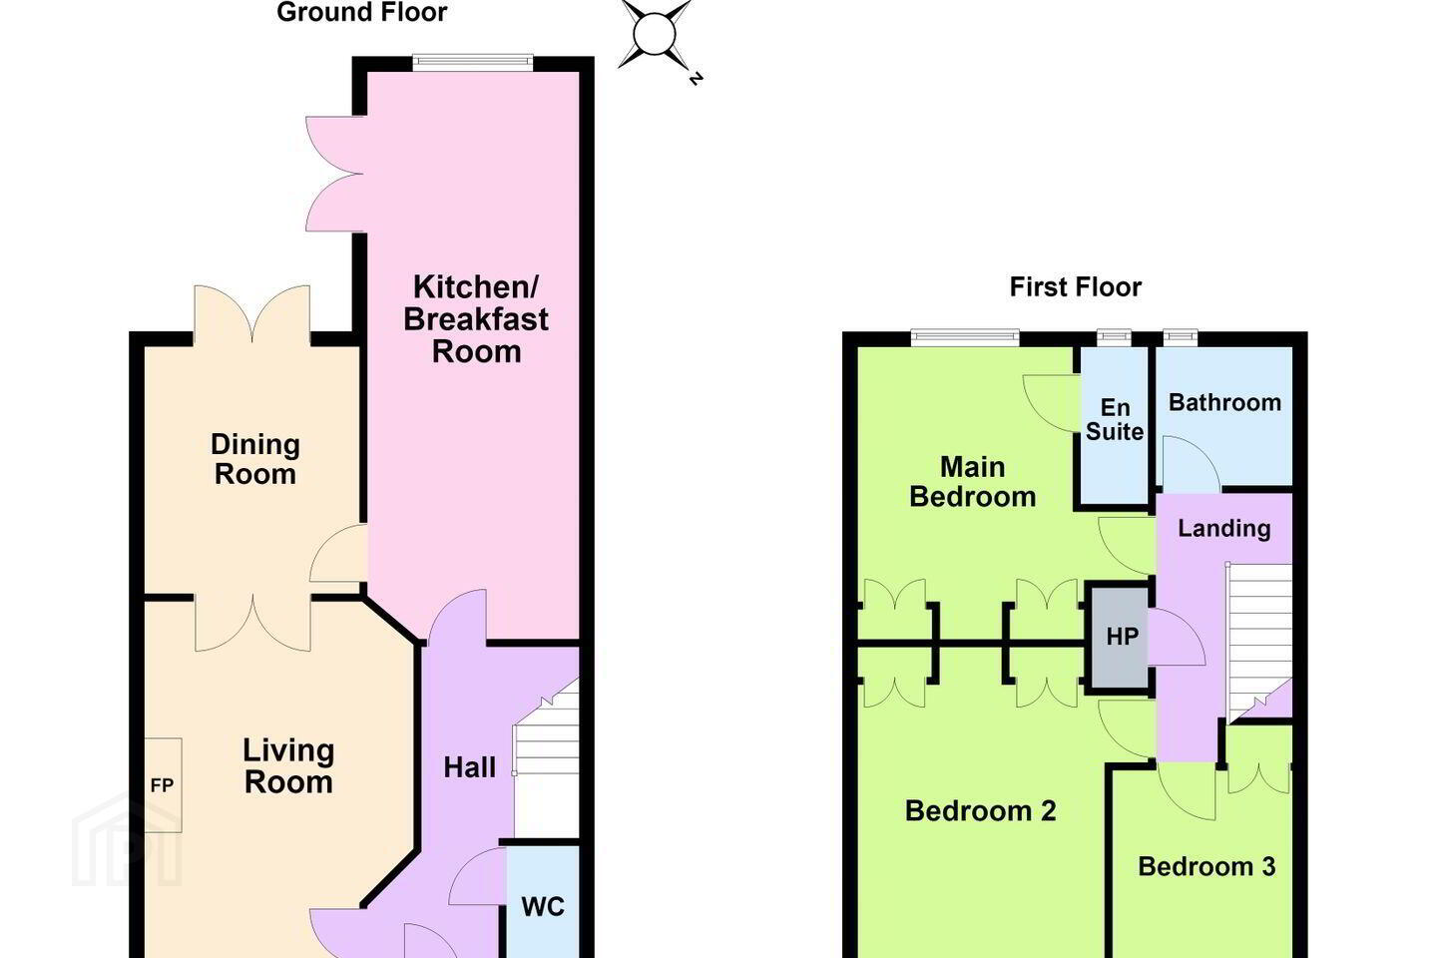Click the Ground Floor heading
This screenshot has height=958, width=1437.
pyautogui.click(x=362, y=12)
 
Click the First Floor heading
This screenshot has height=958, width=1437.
pyautogui.click(x=1075, y=286)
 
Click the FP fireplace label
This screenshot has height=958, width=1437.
pyautogui.click(x=162, y=784)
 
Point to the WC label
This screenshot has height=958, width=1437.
pyautogui.click(x=543, y=907)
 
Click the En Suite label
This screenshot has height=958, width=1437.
pyautogui.click(x=1115, y=420)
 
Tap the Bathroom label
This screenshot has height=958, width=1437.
pyautogui.click(x=1224, y=402)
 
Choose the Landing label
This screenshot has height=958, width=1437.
pyautogui.click(x=1224, y=528)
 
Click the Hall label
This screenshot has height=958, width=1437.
pyautogui.click(x=470, y=767)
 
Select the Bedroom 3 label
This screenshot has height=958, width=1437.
pyautogui.click(x=1206, y=866)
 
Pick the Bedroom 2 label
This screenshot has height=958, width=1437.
pyautogui.click(x=980, y=811)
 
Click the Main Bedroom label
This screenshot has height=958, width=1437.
pyautogui.click(x=973, y=482)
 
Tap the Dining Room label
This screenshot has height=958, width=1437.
pyautogui.click(x=255, y=459)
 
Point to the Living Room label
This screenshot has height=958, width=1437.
pyautogui.click(x=288, y=766)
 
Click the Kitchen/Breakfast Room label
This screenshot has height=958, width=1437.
pyautogui.click(x=476, y=319)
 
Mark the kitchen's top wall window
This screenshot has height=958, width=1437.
pyautogui.click(x=473, y=62)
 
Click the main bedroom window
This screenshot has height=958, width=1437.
pyautogui.click(x=965, y=337)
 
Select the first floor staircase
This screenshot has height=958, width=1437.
pyautogui.click(x=1259, y=642)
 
